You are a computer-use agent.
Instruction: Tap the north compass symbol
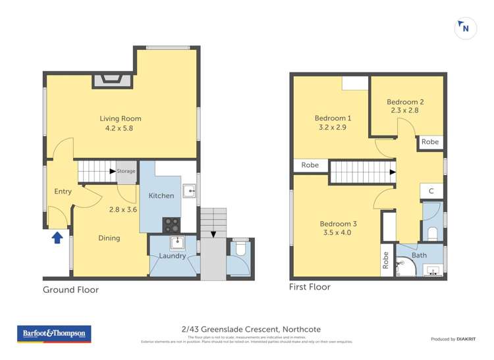point(466,28)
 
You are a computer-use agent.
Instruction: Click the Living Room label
point(121,119)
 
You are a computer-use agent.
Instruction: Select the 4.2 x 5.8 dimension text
point(119,129)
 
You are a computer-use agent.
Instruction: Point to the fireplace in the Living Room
point(107,80)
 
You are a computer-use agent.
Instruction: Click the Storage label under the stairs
point(126,171)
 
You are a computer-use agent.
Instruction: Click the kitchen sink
point(190,192)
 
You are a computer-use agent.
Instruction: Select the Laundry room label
point(173,256)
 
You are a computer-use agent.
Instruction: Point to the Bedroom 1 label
point(333,118)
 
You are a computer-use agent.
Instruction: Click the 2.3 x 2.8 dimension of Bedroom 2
point(404,111)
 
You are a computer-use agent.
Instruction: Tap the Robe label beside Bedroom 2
point(430,142)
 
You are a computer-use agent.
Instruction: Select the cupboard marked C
point(431,192)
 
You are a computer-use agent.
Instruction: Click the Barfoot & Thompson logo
point(54,334)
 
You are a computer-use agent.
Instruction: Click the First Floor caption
point(310,287)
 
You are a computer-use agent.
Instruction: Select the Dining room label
point(109,238)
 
